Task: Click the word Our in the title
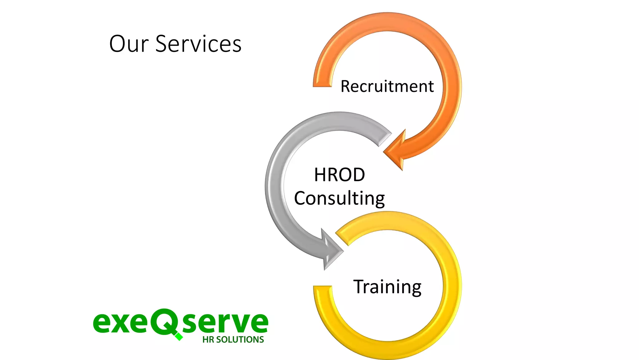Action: pyautogui.click(x=129, y=44)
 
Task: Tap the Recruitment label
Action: pyautogui.click(x=387, y=86)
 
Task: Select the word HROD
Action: pyautogui.click(x=339, y=175)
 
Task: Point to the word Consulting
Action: pyautogui.click(x=339, y=198)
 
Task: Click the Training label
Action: pyautogui.click(x=387, y=287)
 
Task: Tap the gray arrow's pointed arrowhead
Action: pyautogui.click(x=332, y=250)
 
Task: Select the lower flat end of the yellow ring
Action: pyautogui.click(x=323, y=289)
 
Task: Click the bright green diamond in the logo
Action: pyautogui.click(x=179, y=337)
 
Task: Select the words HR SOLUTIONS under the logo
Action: pyautogui.click(x=233, y=340)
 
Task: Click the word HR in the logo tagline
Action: pyautogui.click(x=208, y=340)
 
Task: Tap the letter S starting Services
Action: pyautogui.click(x=163, y=44)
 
